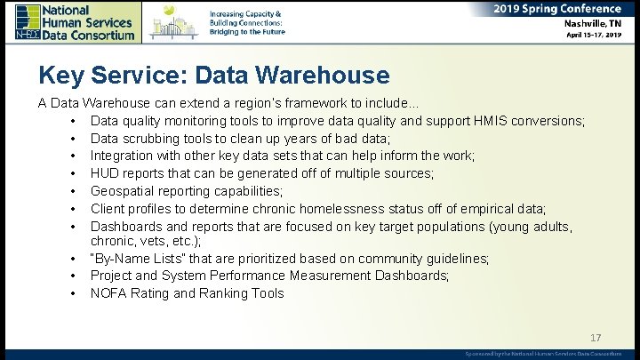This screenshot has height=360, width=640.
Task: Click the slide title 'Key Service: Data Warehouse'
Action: [x=213, y=76]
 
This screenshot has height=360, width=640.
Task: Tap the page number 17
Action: [x=596, y=338]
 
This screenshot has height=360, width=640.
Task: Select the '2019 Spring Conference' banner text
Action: [x=557, y=9]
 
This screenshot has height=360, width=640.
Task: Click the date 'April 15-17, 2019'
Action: [x=594, y=36]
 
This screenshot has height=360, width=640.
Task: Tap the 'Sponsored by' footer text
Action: [x=543, y=354]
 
